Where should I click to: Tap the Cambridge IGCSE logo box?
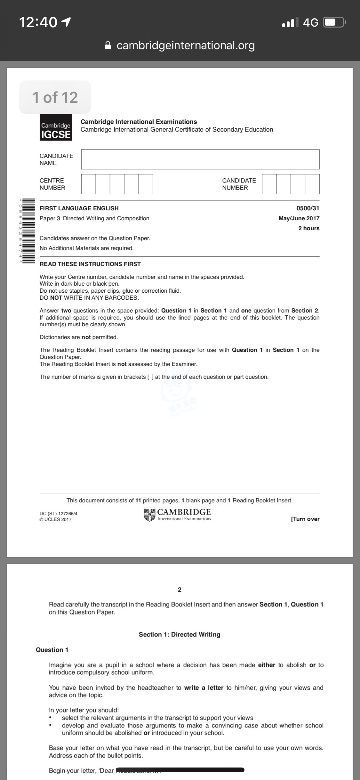(x=56, y=127)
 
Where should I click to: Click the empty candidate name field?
(x=200, y=159)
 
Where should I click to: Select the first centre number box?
(x=88, y=184)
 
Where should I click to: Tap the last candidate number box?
(x=312, y=184)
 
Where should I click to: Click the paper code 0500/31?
(x=308, y=208)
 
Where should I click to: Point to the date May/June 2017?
(x=299, y=218)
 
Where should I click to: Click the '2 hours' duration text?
(x=309, y=228)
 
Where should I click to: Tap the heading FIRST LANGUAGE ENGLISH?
(x=79, y=208)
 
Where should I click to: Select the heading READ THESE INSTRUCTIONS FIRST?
(x=90, y=264)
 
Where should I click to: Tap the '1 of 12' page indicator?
(x=55, y=97)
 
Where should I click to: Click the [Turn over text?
(x=305, y=519)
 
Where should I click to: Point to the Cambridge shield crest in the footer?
(x=149, y=515)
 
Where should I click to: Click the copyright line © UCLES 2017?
(x=56, y=519)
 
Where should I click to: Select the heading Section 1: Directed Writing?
(x=180, y=634)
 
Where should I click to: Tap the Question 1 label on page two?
(x=52, y=650)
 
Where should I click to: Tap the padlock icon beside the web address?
(x=108, y=45)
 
